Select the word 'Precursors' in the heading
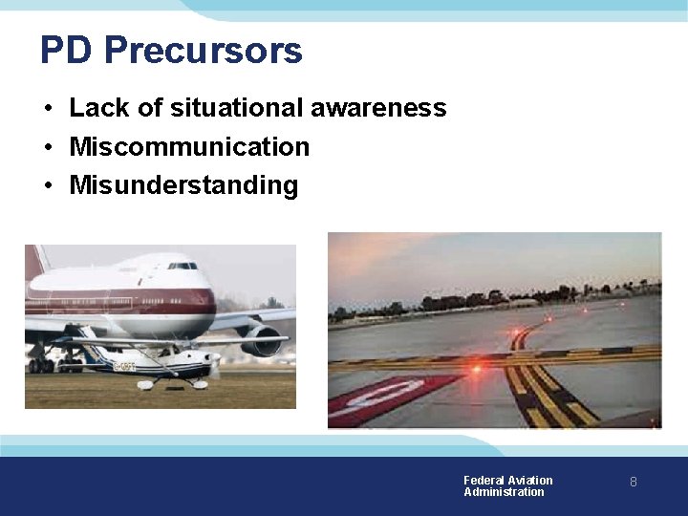pos(204,50)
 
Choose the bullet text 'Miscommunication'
pos(189,146)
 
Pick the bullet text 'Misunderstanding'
pos(183,184)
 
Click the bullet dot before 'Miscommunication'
pos(47,147)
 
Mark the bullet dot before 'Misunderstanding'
pos(47,185)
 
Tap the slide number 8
pos(633,483)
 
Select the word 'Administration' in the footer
pos(504,492)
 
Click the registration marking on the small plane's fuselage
pos(125,366)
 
